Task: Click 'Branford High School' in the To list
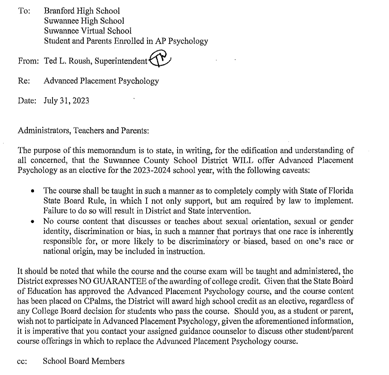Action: tap(82, 11)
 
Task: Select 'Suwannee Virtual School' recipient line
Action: tap(88, 31)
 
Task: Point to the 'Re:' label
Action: tap(24, 81)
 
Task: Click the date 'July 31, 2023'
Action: tap(66, 101)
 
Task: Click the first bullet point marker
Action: tap(32, 192)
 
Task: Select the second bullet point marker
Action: tap(32, 222)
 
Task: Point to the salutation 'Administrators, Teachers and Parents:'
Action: tap(83, 131)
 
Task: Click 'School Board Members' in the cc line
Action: tap(84, 361)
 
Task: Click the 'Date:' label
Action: tap(27, 101)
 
